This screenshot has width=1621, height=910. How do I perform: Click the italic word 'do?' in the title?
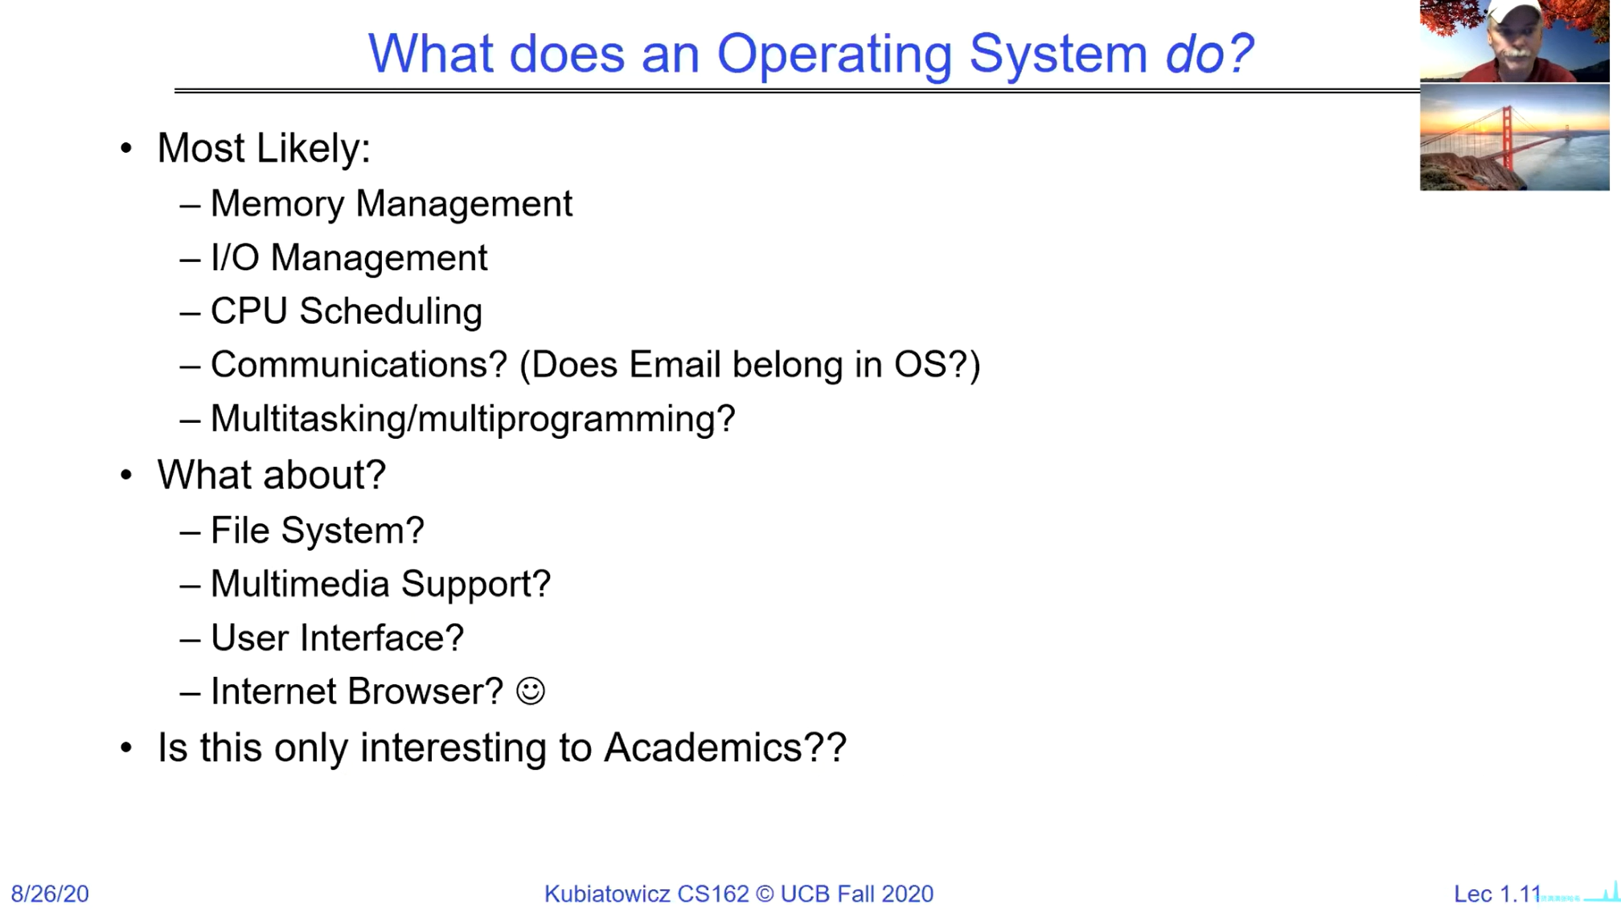[x=1209, y=53]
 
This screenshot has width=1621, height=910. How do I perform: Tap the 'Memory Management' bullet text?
[x=392, y=203]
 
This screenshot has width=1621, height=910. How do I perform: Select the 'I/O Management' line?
[x=349, y=258]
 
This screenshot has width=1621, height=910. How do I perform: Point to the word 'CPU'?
[x=249, y=311]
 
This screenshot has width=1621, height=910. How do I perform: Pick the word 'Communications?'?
[x=359, y=364]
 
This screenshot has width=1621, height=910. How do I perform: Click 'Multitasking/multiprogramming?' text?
[x=473, y=419]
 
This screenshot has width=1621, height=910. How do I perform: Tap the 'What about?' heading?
[x=272, y=474]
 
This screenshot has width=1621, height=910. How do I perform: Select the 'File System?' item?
[x=318, y=531]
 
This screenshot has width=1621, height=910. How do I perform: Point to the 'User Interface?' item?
[x=338, y=637]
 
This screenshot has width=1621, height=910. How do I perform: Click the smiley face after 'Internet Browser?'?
[x=531, y=691]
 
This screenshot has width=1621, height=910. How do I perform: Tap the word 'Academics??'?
[x=725, y=747]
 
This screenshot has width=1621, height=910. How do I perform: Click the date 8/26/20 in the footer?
[x=50, y=894]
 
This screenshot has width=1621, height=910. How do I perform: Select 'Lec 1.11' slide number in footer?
[x=1497, y=894]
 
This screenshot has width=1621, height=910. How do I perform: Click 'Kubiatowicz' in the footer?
[x=607, y=894]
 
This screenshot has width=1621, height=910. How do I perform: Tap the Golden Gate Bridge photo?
[x=1515, y=137]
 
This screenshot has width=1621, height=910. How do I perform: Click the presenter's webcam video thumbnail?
[x=1515, y=40]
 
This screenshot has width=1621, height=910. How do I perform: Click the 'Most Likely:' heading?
[x=264, y=148]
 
